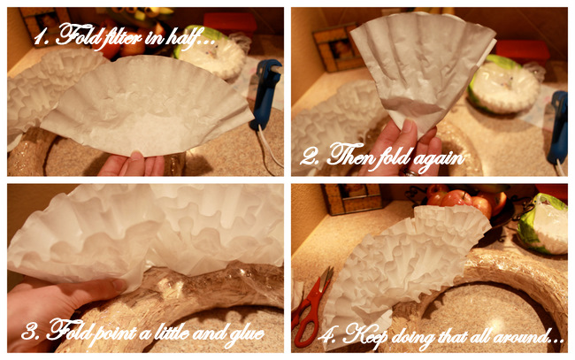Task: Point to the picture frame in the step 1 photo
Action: click(45, 20)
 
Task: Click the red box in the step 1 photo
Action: click(230, 23)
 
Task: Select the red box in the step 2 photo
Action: click(523, 52)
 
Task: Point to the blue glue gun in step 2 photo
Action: click(557, 128)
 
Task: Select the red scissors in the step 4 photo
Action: click(311, 307)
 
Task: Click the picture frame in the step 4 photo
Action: click(352, 199)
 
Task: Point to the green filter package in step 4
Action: click(543, 224)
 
